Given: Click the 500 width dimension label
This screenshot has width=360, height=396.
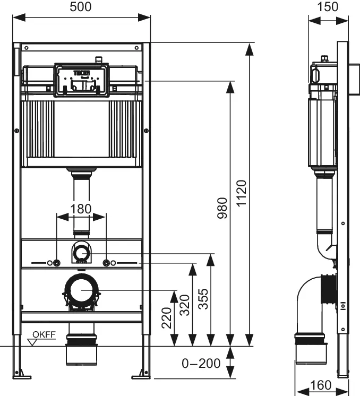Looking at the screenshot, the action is click(x=81, y=7).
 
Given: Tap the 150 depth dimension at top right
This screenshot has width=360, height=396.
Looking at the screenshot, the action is click(x=328, y=7).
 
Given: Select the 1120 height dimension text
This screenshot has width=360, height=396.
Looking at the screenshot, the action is click(x=242, y=193).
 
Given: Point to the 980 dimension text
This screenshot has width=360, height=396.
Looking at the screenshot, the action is click(x=222, y=208).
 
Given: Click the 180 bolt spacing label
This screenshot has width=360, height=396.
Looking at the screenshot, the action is click(x=81, y=209).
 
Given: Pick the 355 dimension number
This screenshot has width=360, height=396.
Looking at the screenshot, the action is click(x=203, y=299).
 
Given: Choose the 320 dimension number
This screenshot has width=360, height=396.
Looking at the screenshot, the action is click(x=185, y=305).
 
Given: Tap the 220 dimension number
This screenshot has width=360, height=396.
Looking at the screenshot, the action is click(x=167, y=318).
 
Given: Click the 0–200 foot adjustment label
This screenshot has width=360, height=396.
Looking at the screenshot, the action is click(x=201, y=364).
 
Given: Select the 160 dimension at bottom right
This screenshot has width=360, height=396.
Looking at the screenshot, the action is click(x=321, y=385).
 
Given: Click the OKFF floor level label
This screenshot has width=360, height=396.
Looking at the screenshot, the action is click(x=44, y=334).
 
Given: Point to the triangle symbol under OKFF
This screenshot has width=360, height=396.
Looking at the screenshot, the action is click(x=32, y=342).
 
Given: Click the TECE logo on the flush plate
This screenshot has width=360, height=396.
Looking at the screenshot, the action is click(x=82, y=73).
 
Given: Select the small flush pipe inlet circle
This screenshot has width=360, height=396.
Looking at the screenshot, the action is click(x=81, y=253).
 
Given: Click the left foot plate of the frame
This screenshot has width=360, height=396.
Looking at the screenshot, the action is click(x=22, y=377).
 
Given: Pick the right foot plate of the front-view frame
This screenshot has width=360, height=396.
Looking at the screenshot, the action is click(x=141, y=377).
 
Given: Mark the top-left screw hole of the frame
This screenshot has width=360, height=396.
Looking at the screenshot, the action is click(x=27, y=48).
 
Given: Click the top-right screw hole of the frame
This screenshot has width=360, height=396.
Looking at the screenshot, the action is click(x=136, y=48).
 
